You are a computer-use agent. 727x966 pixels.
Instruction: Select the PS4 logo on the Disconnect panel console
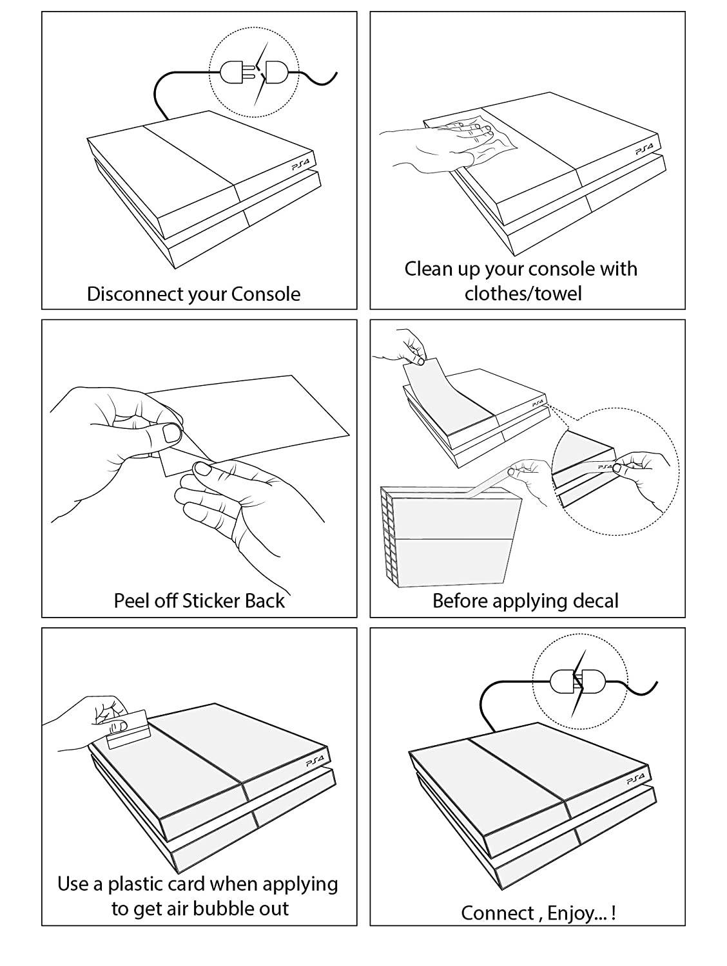(x=301, y=166)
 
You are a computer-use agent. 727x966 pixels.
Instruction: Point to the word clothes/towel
(x=523, y=294)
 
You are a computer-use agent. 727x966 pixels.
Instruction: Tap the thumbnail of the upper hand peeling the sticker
(x=172, y=433)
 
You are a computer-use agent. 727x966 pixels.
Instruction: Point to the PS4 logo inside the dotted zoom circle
(x=605, y=466)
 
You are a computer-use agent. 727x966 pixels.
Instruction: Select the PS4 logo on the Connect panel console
(x=635, y=780)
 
